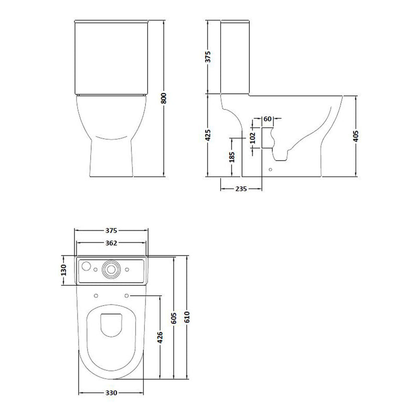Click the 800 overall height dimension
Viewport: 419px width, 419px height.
(x=164, y=98)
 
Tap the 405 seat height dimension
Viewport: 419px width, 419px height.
(x=356, y=136)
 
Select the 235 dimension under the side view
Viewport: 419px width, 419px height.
(x=241, y=189)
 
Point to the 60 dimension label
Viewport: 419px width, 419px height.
(x=268, y=119)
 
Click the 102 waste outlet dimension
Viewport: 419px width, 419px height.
(x=253, y=138)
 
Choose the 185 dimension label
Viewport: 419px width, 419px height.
(x=231, y=157)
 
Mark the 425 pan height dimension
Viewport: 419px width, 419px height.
(x=208, y=135)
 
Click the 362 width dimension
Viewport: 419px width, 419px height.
(x=111, y=243)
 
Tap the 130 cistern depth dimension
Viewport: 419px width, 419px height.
(x=63, y=270)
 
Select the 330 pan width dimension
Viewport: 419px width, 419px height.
(x=111, y=393)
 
